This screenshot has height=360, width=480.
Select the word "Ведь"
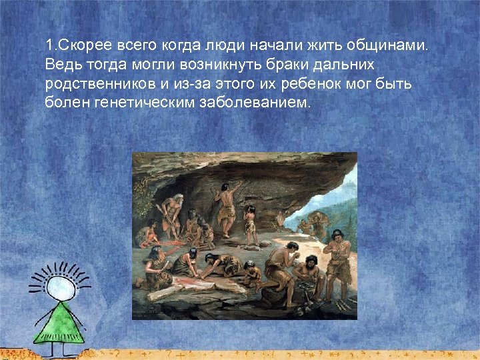tap(62, 66)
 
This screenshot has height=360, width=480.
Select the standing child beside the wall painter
tap(251, 223)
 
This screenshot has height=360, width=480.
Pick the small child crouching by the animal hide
tap(253, 273)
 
